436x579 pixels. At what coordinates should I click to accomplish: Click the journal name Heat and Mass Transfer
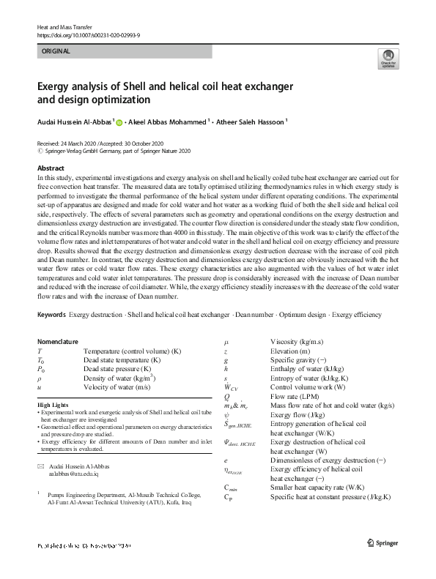click(x=64, y=26)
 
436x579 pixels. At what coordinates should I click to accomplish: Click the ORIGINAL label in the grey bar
click(x=57, y=51)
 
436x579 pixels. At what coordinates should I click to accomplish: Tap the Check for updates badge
click(x=388, y=59)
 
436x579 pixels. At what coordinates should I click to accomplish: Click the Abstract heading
click(x=51, y=168)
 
